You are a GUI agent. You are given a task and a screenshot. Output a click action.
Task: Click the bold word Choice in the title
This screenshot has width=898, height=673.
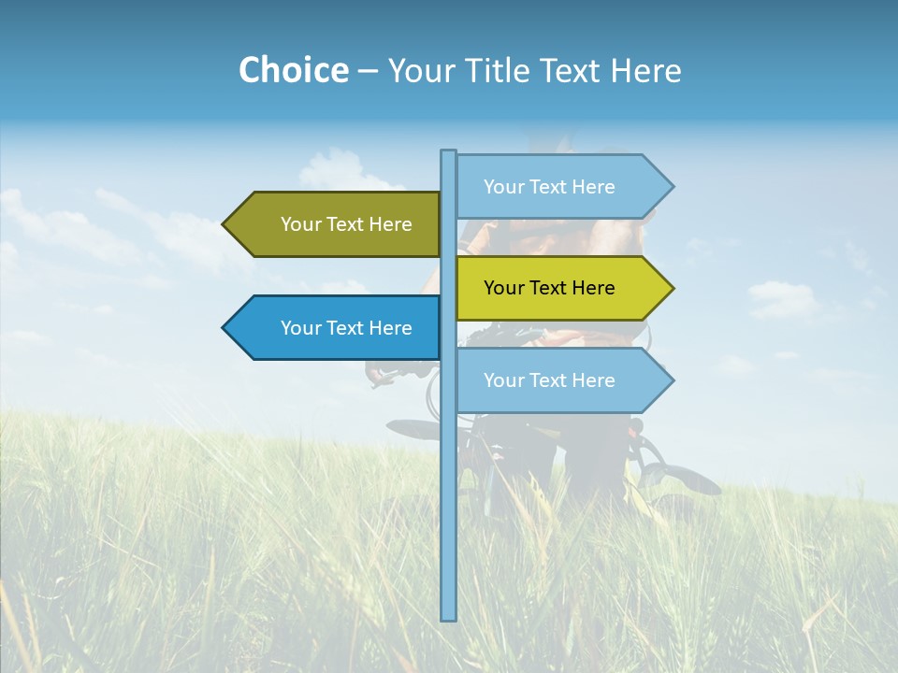tap(293, 70)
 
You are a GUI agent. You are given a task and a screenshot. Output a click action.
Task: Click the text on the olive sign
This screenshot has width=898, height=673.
tap(346, 224)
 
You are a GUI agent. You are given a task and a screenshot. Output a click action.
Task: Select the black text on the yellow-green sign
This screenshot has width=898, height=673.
tap(549, 288)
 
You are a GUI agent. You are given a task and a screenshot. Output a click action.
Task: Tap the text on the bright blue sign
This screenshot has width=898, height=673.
tap(346, 328)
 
